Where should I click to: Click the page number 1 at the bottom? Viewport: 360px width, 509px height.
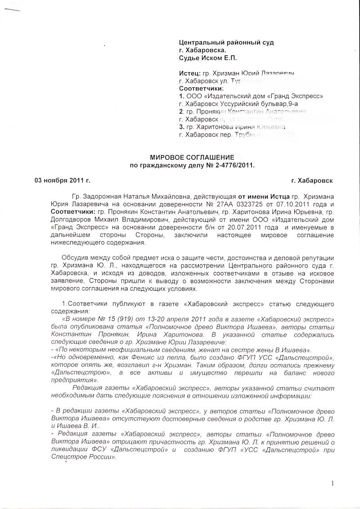[332, 484]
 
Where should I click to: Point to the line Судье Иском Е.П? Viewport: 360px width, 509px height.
[207, 58]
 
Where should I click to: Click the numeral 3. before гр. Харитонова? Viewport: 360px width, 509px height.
[181, 127]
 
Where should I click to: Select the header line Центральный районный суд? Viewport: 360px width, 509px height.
[226, 42]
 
